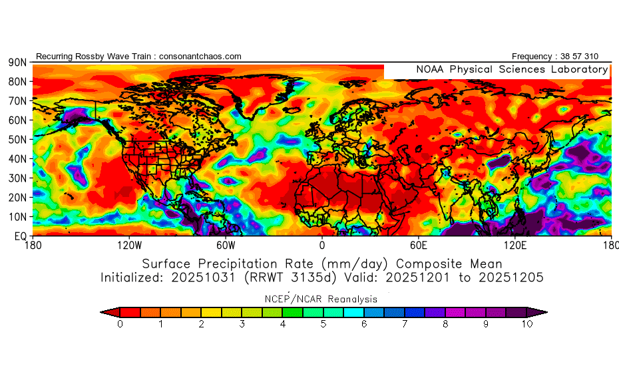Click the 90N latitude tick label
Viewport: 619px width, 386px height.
(x=17, y=62)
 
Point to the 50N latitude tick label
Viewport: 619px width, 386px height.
(x=17, y=140)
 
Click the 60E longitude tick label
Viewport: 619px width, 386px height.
(x=418, y=245)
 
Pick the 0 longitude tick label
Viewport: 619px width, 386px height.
(x=322, y=245)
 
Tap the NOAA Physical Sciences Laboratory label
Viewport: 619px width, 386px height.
(x=511, y=69)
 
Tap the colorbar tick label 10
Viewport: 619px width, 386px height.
(x=526, y=325)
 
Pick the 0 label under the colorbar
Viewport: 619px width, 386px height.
(x=119, y=325)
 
